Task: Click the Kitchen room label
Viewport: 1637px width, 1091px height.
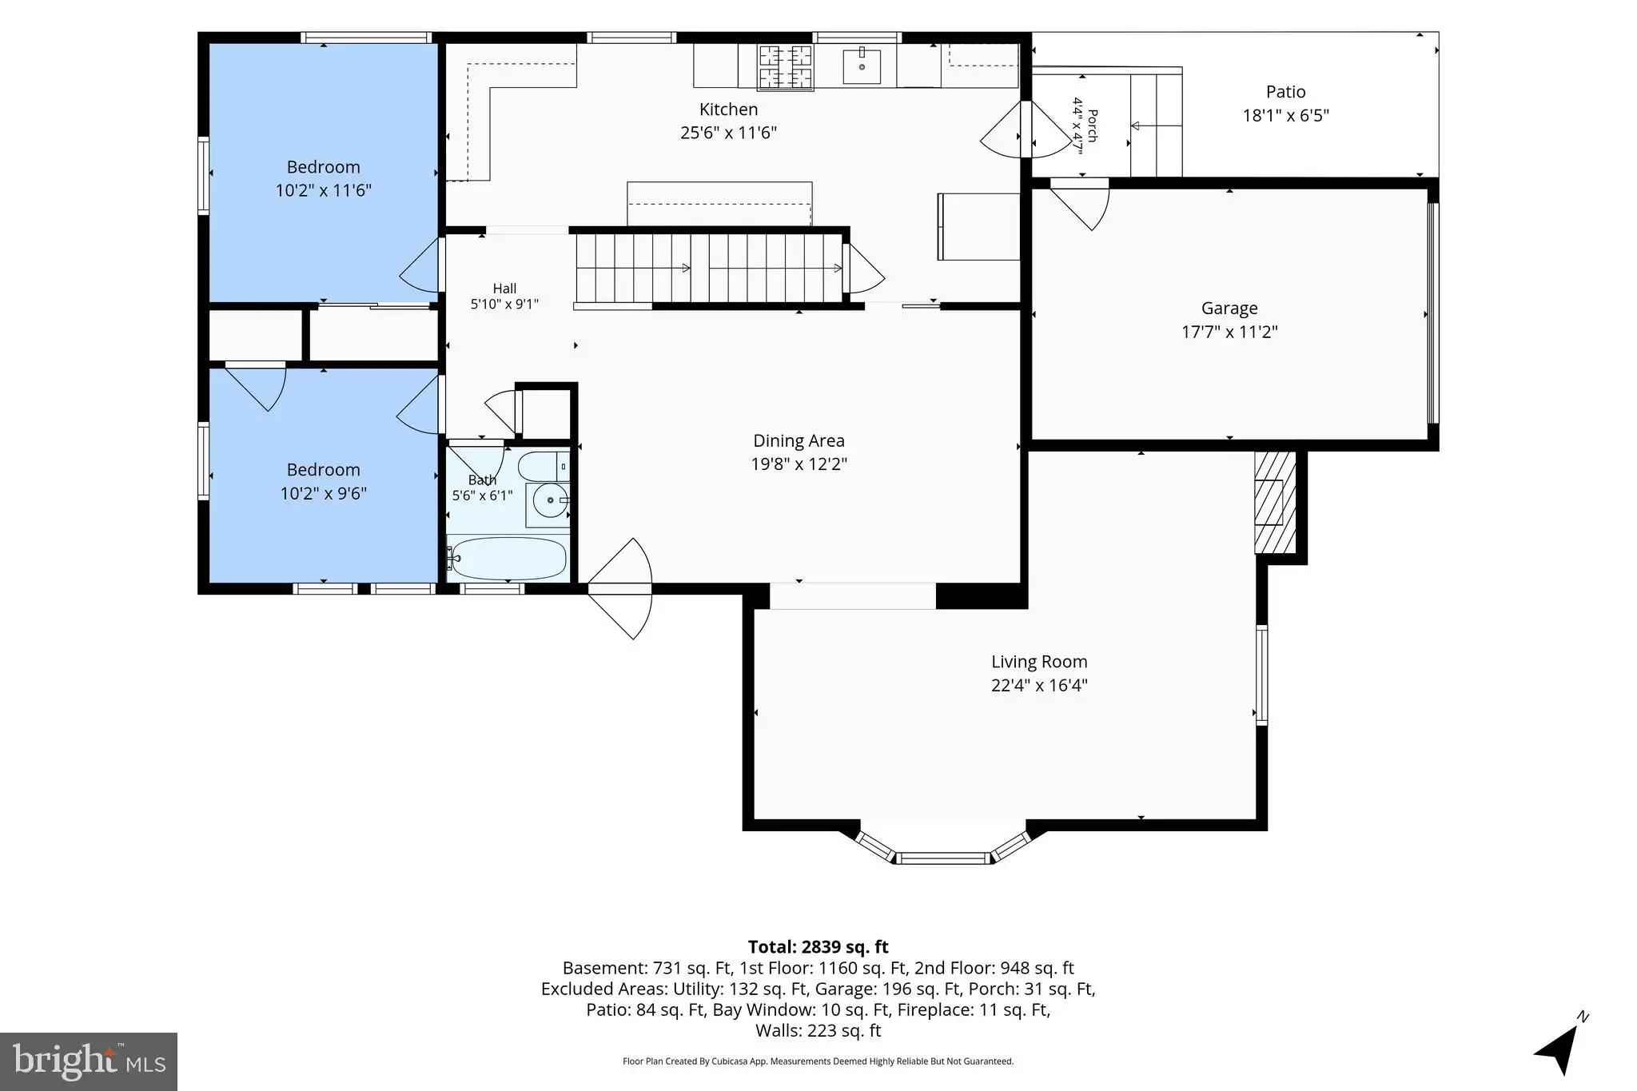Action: click(x=728, y=109)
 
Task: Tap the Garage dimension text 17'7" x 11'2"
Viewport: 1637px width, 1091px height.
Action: click(x=1229, y=332)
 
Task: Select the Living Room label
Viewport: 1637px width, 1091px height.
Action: click(x=1039, y=662)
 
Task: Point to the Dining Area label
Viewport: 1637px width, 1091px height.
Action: click(x=799, y=440)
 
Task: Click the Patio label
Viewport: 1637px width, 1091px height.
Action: click(x=1285, y=92)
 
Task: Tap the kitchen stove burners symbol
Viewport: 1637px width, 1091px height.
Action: click(x=785, y=67)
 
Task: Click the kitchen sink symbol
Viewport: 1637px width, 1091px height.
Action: click(x=862, y=67)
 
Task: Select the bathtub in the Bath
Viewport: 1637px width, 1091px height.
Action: click(x=507, y=558)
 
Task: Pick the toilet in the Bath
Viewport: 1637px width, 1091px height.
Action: click(x=544, y=466)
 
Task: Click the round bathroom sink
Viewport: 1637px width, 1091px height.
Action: click(x=550, y=500)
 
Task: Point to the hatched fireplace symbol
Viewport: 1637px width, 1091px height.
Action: click(x=1275, y=502)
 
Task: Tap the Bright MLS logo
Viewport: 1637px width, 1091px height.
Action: click(x=89, y=1061)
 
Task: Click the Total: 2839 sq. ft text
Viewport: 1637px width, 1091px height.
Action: click(x=818, y=947)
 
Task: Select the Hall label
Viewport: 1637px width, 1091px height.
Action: click(x=504, y=289)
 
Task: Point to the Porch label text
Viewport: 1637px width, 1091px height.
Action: click(x=1093, y=125)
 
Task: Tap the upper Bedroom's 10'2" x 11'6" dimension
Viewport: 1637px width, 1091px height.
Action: click(x=324, y=190)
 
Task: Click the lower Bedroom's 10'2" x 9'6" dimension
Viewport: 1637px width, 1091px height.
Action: click(x=324, y=493)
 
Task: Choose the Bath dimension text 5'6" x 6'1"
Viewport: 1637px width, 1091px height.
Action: click(x=482, y=496)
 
